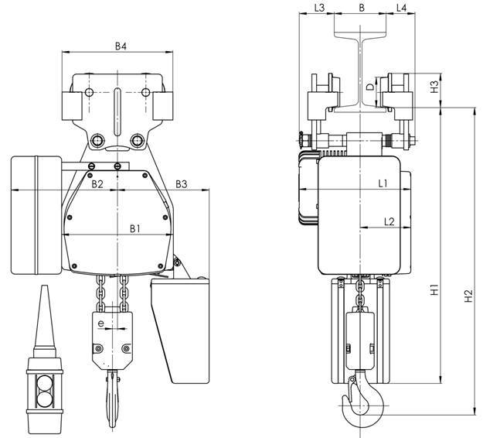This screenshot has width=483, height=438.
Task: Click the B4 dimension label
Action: pyautogui.click(x=121, y=46)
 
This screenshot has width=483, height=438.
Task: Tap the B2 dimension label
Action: pyautogui.click(x=97, y=184)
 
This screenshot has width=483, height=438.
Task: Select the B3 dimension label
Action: pyautogui.click(x=182, y=184)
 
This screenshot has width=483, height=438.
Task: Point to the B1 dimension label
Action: pyautogui.click(x=135, y=228)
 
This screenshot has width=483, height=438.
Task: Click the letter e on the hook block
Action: pyautogui.click(x=100, y=323)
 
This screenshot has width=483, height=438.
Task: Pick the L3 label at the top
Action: pyautogui.click(x=319, y=8)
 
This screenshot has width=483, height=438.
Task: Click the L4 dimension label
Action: pyautogui.click(x=401, y=8)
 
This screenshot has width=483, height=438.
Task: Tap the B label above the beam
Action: pyautogui.click(x=362, y=8)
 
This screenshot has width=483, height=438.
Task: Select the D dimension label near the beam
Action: pyautogui.click(x=371, y=87)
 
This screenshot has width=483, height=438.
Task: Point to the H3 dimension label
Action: pyautogui.click(x=434, y=87)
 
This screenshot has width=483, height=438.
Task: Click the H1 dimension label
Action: pyautogui.click(x=434, y=289)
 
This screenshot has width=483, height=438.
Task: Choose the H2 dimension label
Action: pyautogui.click(x=468, y=296)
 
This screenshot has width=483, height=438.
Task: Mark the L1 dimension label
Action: pyautogui.click(x=383, y=184)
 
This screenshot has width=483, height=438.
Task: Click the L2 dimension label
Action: pyautogui.click(x=389, y=221)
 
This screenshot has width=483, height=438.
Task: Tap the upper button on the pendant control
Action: pyautogui.click(x=44, y=383)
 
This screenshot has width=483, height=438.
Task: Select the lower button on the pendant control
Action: pyautogui.click(x=44, y=399)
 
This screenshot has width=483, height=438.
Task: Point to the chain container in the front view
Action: pyautogui.click(x=181, y=330)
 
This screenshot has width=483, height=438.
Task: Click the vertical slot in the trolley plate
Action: pyautogui.click(x=117, y=112)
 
